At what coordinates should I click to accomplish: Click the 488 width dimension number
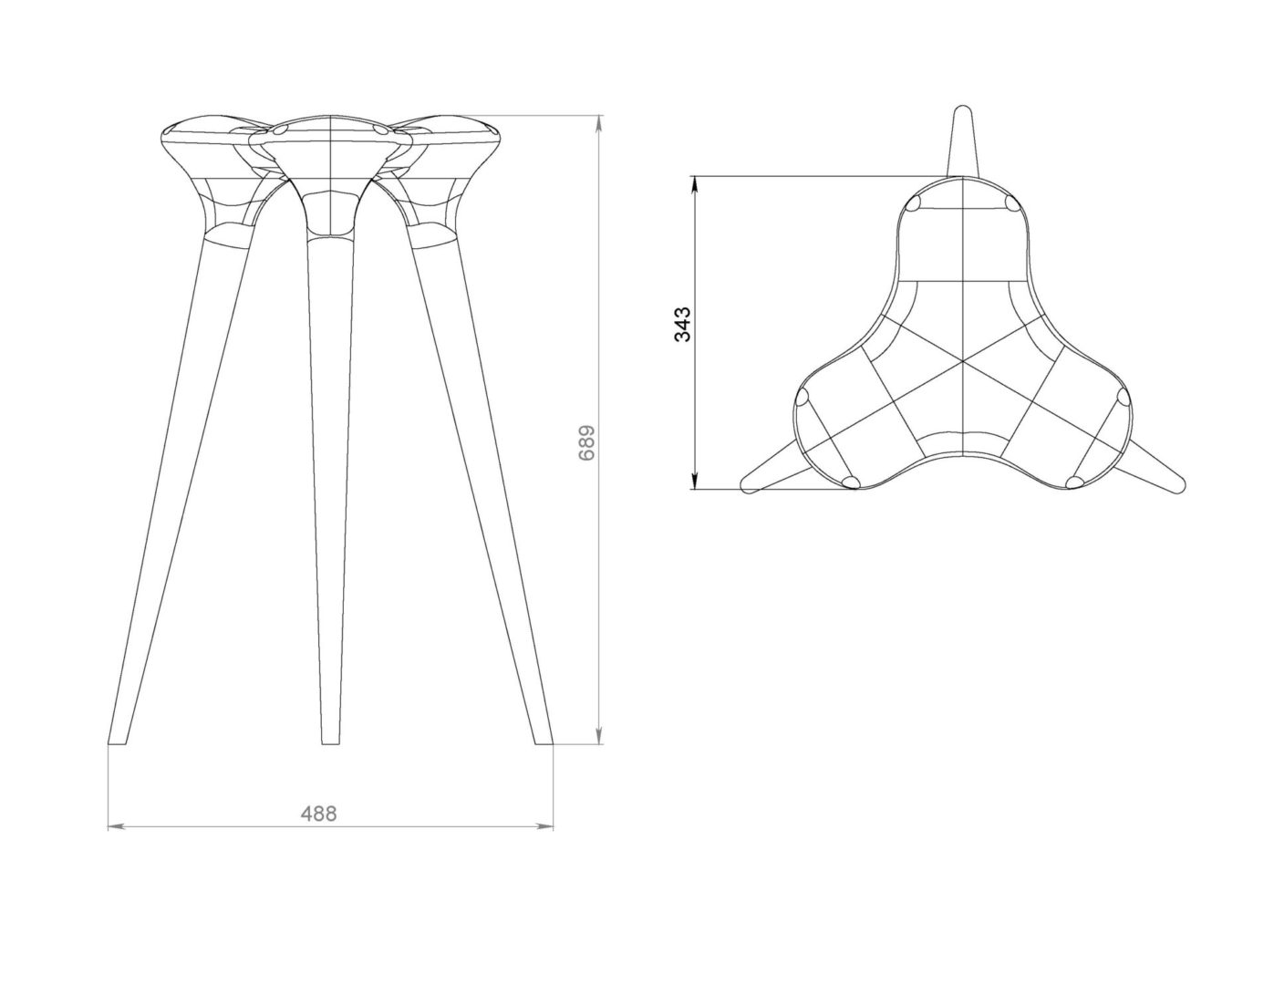(x=319, y=814)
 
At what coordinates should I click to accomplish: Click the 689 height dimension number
(x=586, y=443)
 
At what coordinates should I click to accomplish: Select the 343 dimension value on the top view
(x=683, y=324)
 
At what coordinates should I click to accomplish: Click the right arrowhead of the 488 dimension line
(x=546, y=826)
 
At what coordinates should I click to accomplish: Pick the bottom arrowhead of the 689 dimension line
(x=599, y=737)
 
